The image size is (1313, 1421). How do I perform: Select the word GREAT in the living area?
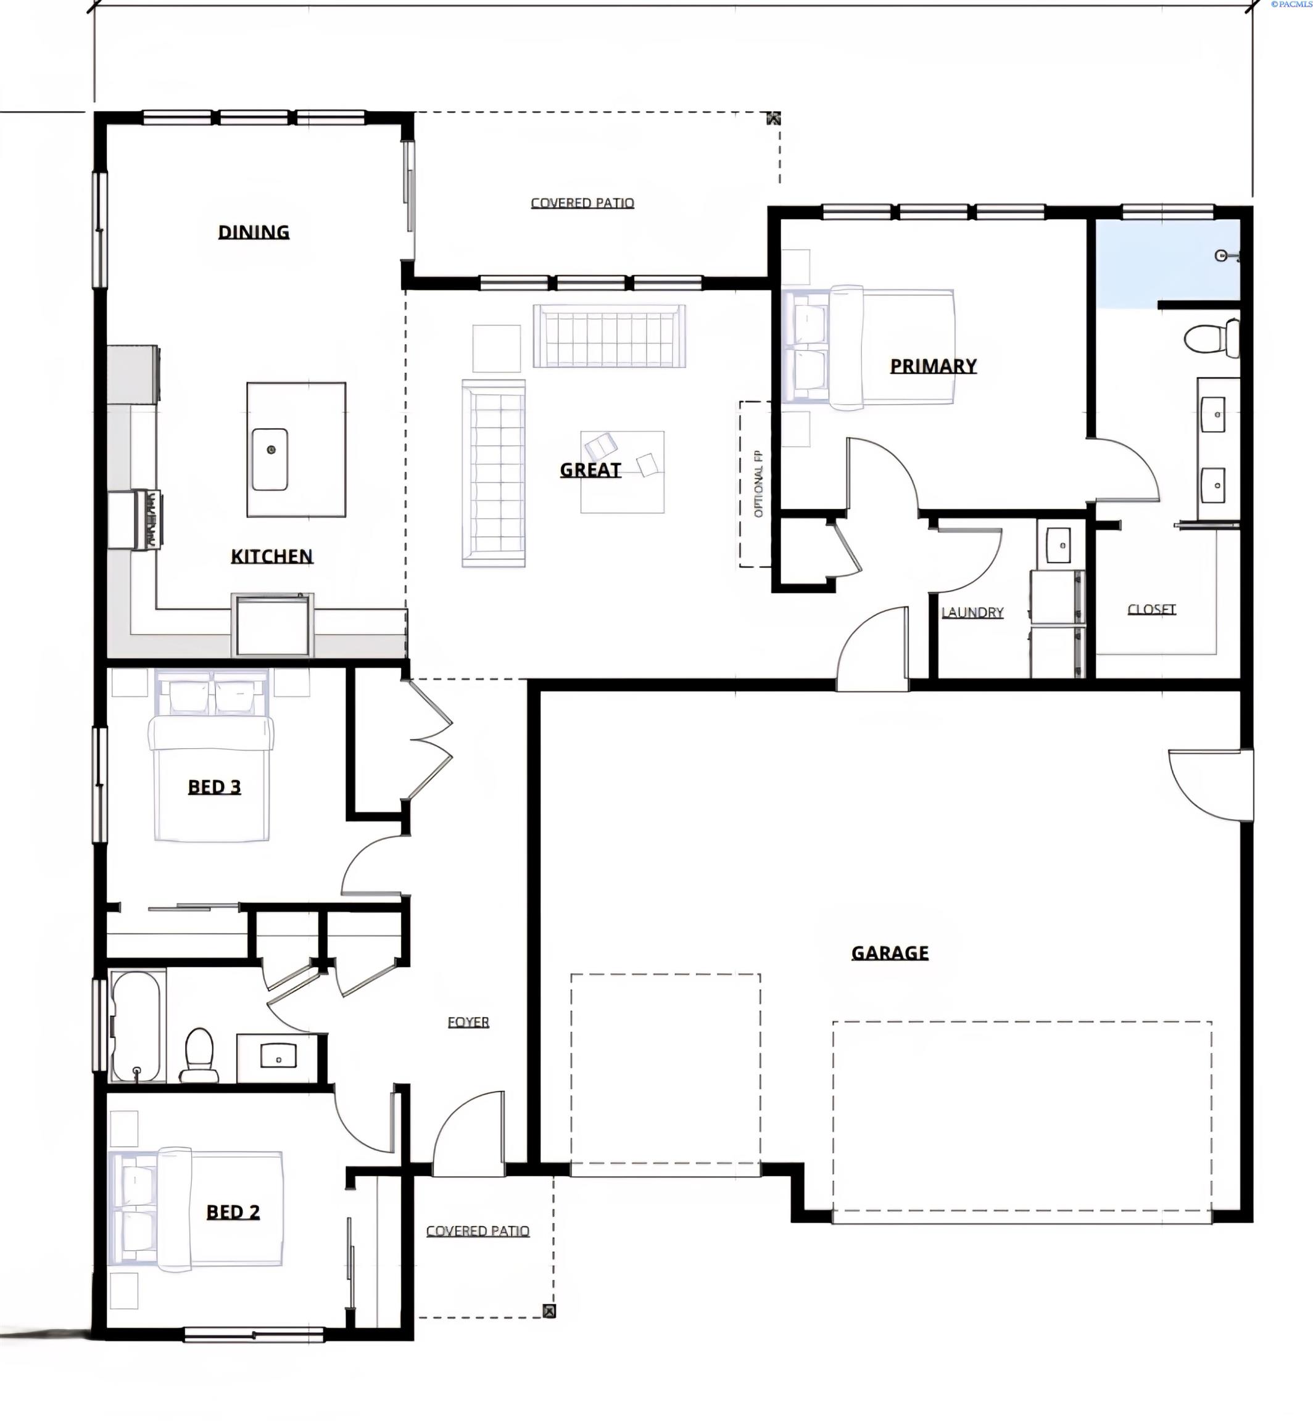tap(590, 469)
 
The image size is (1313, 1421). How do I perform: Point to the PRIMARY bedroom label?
tap(933, 366)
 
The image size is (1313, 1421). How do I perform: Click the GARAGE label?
tap(890, 952)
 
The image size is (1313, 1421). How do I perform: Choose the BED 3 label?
tap(214, 786)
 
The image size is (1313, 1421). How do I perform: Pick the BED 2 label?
tap(233, 1211)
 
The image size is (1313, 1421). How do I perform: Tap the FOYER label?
tap(468, 1022)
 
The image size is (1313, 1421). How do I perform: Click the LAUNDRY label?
tap(972, 612)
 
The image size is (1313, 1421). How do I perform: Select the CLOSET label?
tap(1152, 609)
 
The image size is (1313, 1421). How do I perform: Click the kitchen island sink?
tap(270, 459)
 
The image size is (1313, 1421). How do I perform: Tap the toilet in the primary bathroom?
tap(1212, 339)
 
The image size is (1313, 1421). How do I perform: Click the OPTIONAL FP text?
tap(758, 484)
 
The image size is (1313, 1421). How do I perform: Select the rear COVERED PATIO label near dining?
tap(582, 203)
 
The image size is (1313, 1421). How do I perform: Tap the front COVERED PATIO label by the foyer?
tap(478, 1230)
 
